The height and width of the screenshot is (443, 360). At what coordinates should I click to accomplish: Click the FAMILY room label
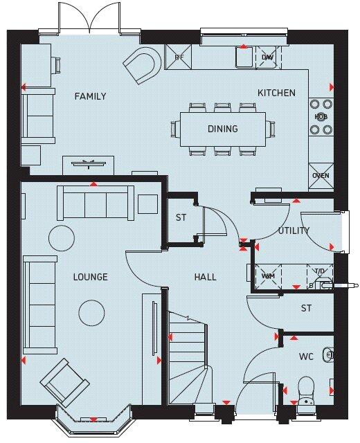90,96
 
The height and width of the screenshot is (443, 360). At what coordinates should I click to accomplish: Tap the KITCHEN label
276,93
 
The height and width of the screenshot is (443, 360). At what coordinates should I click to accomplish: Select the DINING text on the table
222,129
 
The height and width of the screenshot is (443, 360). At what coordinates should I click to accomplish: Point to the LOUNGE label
90,277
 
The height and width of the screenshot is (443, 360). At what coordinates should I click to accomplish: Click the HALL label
205,277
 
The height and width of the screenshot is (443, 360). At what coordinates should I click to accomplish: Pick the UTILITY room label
294,230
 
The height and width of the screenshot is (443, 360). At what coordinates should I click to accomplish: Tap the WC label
306,356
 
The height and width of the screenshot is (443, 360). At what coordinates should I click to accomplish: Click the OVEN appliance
321,176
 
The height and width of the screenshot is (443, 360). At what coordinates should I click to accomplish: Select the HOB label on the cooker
321,117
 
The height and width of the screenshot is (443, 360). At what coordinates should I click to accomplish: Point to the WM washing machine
267,276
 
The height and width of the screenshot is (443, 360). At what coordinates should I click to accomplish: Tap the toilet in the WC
305,389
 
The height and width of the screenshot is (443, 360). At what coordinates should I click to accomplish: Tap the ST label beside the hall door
181,217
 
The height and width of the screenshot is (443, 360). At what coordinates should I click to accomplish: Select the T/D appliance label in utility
319,271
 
